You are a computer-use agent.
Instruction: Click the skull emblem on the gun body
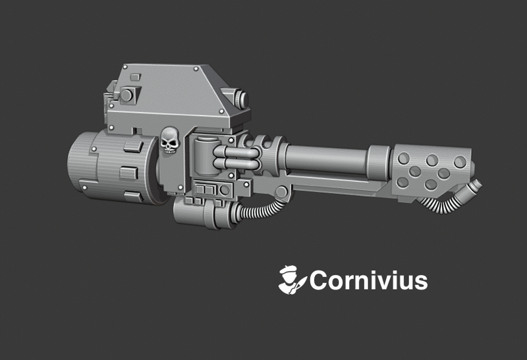(x=169, y=141)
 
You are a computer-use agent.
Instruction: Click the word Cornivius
(x=369, y=281)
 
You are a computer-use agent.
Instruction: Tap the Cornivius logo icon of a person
(x=291, y=280)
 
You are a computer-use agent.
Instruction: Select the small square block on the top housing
(x=134, y=78)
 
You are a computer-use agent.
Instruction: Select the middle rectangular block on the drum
(x=129, y=172)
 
